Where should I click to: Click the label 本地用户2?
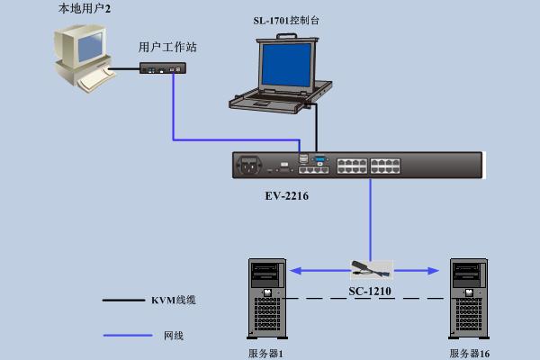(85, 8)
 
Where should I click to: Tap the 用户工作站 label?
(167, 47)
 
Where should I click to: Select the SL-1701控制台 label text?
(286, 21)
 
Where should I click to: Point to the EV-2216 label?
(287, 196)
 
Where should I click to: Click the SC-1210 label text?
(370, 292)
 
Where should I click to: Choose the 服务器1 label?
(265, 354)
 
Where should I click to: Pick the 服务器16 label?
(470, 354)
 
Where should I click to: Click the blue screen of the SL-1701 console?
(287, 65)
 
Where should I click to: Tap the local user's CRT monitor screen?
(90, 47)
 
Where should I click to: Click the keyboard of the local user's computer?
(94, 80)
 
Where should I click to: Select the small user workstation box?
(163, 67)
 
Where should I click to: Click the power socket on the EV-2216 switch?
(249, 166)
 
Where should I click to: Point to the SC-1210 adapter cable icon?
(371, 270)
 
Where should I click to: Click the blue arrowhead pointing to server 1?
(296, 271)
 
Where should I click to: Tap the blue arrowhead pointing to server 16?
(433, 271)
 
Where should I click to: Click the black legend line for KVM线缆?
(123, 301)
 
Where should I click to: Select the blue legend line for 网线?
(128, 335)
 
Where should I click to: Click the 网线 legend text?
(174, 336)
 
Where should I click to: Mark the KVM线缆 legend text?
(174, 301)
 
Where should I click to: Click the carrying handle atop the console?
(286, 35)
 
